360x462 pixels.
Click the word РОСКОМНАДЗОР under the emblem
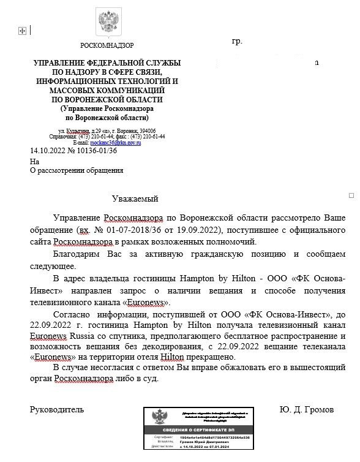click(x=107, y=45)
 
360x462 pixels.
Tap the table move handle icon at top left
click(x=23, y=31)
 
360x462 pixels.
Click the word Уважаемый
click(x=135, y=199)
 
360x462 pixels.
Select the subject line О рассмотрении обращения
click(x=77, y=170)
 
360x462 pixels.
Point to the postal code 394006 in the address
click(x=148, y=131)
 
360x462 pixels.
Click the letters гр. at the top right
click(x=237, y=42)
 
